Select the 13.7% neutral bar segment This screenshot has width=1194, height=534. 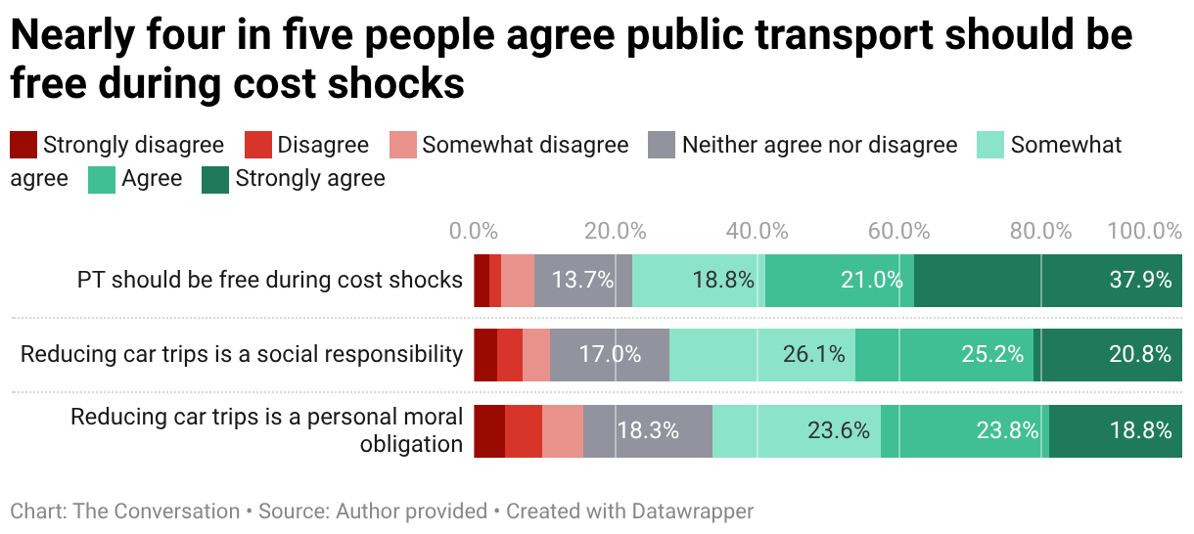(583, 280)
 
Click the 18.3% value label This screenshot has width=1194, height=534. (648, 430)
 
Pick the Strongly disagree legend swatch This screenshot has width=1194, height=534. (23, 146)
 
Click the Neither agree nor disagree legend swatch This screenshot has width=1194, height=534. (663, 146)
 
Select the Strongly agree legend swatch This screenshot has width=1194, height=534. (214, 179)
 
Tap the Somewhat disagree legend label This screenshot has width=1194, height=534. (525, 146)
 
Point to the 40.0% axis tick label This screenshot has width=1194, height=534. (758, 232)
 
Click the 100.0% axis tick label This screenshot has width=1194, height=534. (1144, 232)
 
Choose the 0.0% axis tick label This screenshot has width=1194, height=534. (474, 232)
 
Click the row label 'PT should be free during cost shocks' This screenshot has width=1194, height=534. (270, 280)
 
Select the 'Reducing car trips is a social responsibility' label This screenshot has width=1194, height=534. (242, 354)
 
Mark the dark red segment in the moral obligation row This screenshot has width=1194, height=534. (489, 430)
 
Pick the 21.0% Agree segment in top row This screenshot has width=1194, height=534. (840, 280)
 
